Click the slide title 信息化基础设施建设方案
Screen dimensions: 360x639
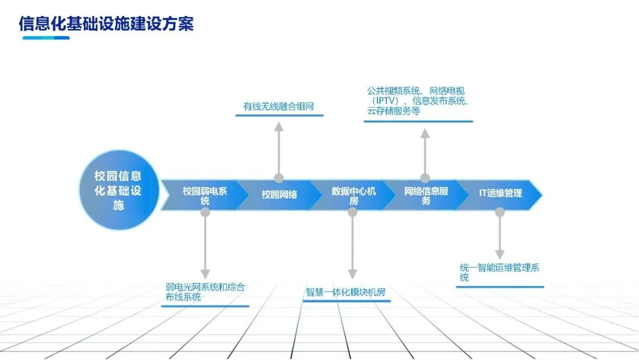pos(106,23)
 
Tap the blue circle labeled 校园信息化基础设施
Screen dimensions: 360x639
pos(118,191)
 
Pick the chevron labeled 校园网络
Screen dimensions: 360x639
pos(279,194)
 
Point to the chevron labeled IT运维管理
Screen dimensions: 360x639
pos(500,194)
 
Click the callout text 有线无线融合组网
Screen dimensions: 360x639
pos(278,107)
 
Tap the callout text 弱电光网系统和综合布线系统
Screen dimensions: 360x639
pos(205,292)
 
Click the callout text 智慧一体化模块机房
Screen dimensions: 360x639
pos(346,292)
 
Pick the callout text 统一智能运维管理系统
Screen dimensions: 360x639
pos(499,272)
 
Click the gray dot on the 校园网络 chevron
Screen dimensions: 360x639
pos(279,178)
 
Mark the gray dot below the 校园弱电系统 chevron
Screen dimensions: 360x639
pos(205,212)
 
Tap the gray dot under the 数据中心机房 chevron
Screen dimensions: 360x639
pos(353,212)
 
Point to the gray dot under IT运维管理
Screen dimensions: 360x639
pos(499,212)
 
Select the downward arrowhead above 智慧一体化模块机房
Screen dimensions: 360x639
pos(353,274)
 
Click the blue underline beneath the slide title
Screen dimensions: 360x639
pos(46,38)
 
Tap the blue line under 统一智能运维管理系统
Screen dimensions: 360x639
pos(500,287)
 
